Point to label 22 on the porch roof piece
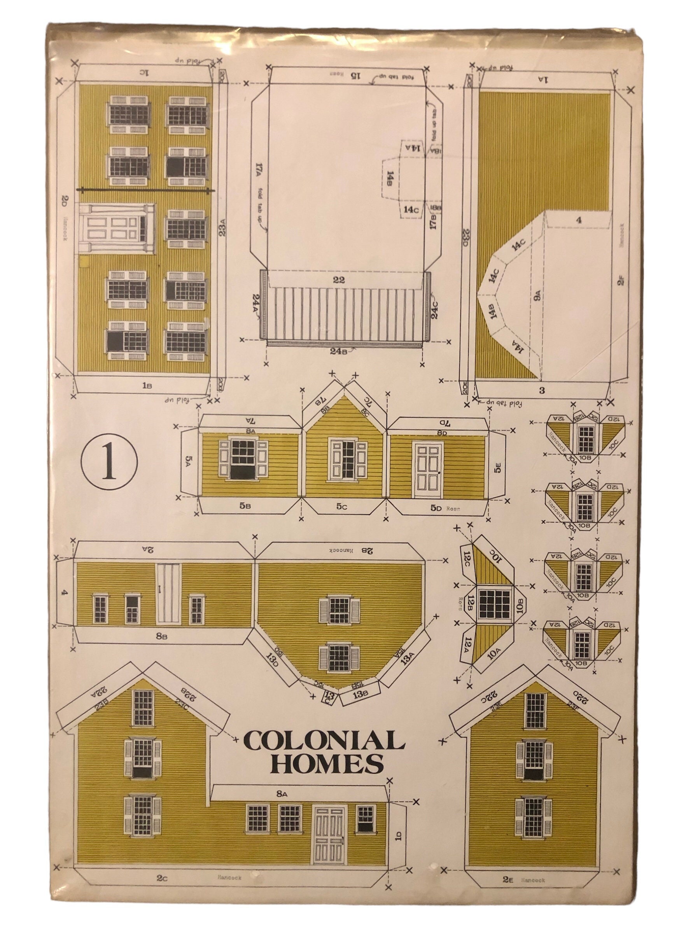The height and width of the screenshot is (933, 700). [x=338, y=280]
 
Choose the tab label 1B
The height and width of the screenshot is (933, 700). [x=146, y=385]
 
